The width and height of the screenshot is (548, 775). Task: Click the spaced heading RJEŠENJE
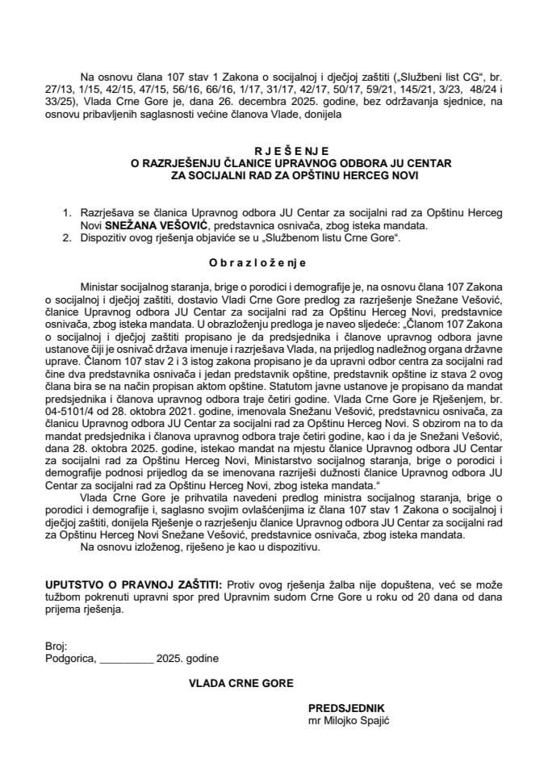pyautogui.click(x=274, y=149)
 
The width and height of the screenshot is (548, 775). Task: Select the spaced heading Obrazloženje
pyautogui.click(x=274, y=263)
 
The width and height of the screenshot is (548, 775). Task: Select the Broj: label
pyautogui.click(x=56, y=647)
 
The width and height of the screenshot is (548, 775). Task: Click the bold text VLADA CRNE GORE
pyautogui.click(x=241, y=683)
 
